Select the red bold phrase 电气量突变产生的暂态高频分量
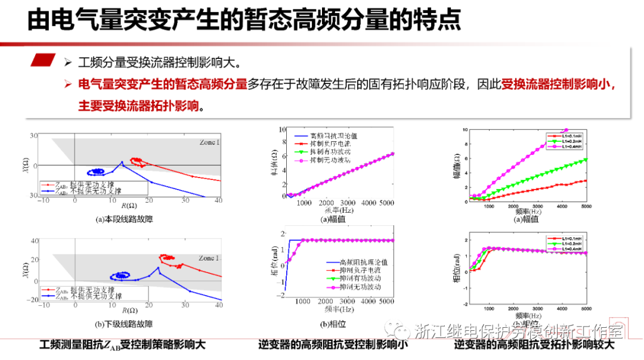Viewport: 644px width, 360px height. coord(162,84)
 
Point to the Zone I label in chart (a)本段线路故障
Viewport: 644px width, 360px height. coord(209,142)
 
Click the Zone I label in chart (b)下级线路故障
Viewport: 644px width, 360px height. coord(209,258)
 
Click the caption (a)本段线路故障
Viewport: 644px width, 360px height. coord(124,219)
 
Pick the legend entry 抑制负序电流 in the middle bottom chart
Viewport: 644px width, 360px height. coord(360,270)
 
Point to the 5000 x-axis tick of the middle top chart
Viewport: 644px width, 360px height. coord(386,203)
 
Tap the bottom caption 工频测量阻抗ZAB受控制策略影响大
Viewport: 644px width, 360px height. coord(122,345)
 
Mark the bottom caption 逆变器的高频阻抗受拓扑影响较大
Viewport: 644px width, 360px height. coord(534,345)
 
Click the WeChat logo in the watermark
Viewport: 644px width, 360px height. coord(395,330)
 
